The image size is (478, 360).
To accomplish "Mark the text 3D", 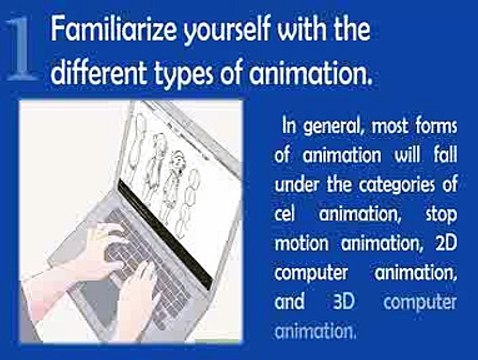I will click(342, 301).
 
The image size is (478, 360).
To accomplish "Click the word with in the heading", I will click(299, 31).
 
